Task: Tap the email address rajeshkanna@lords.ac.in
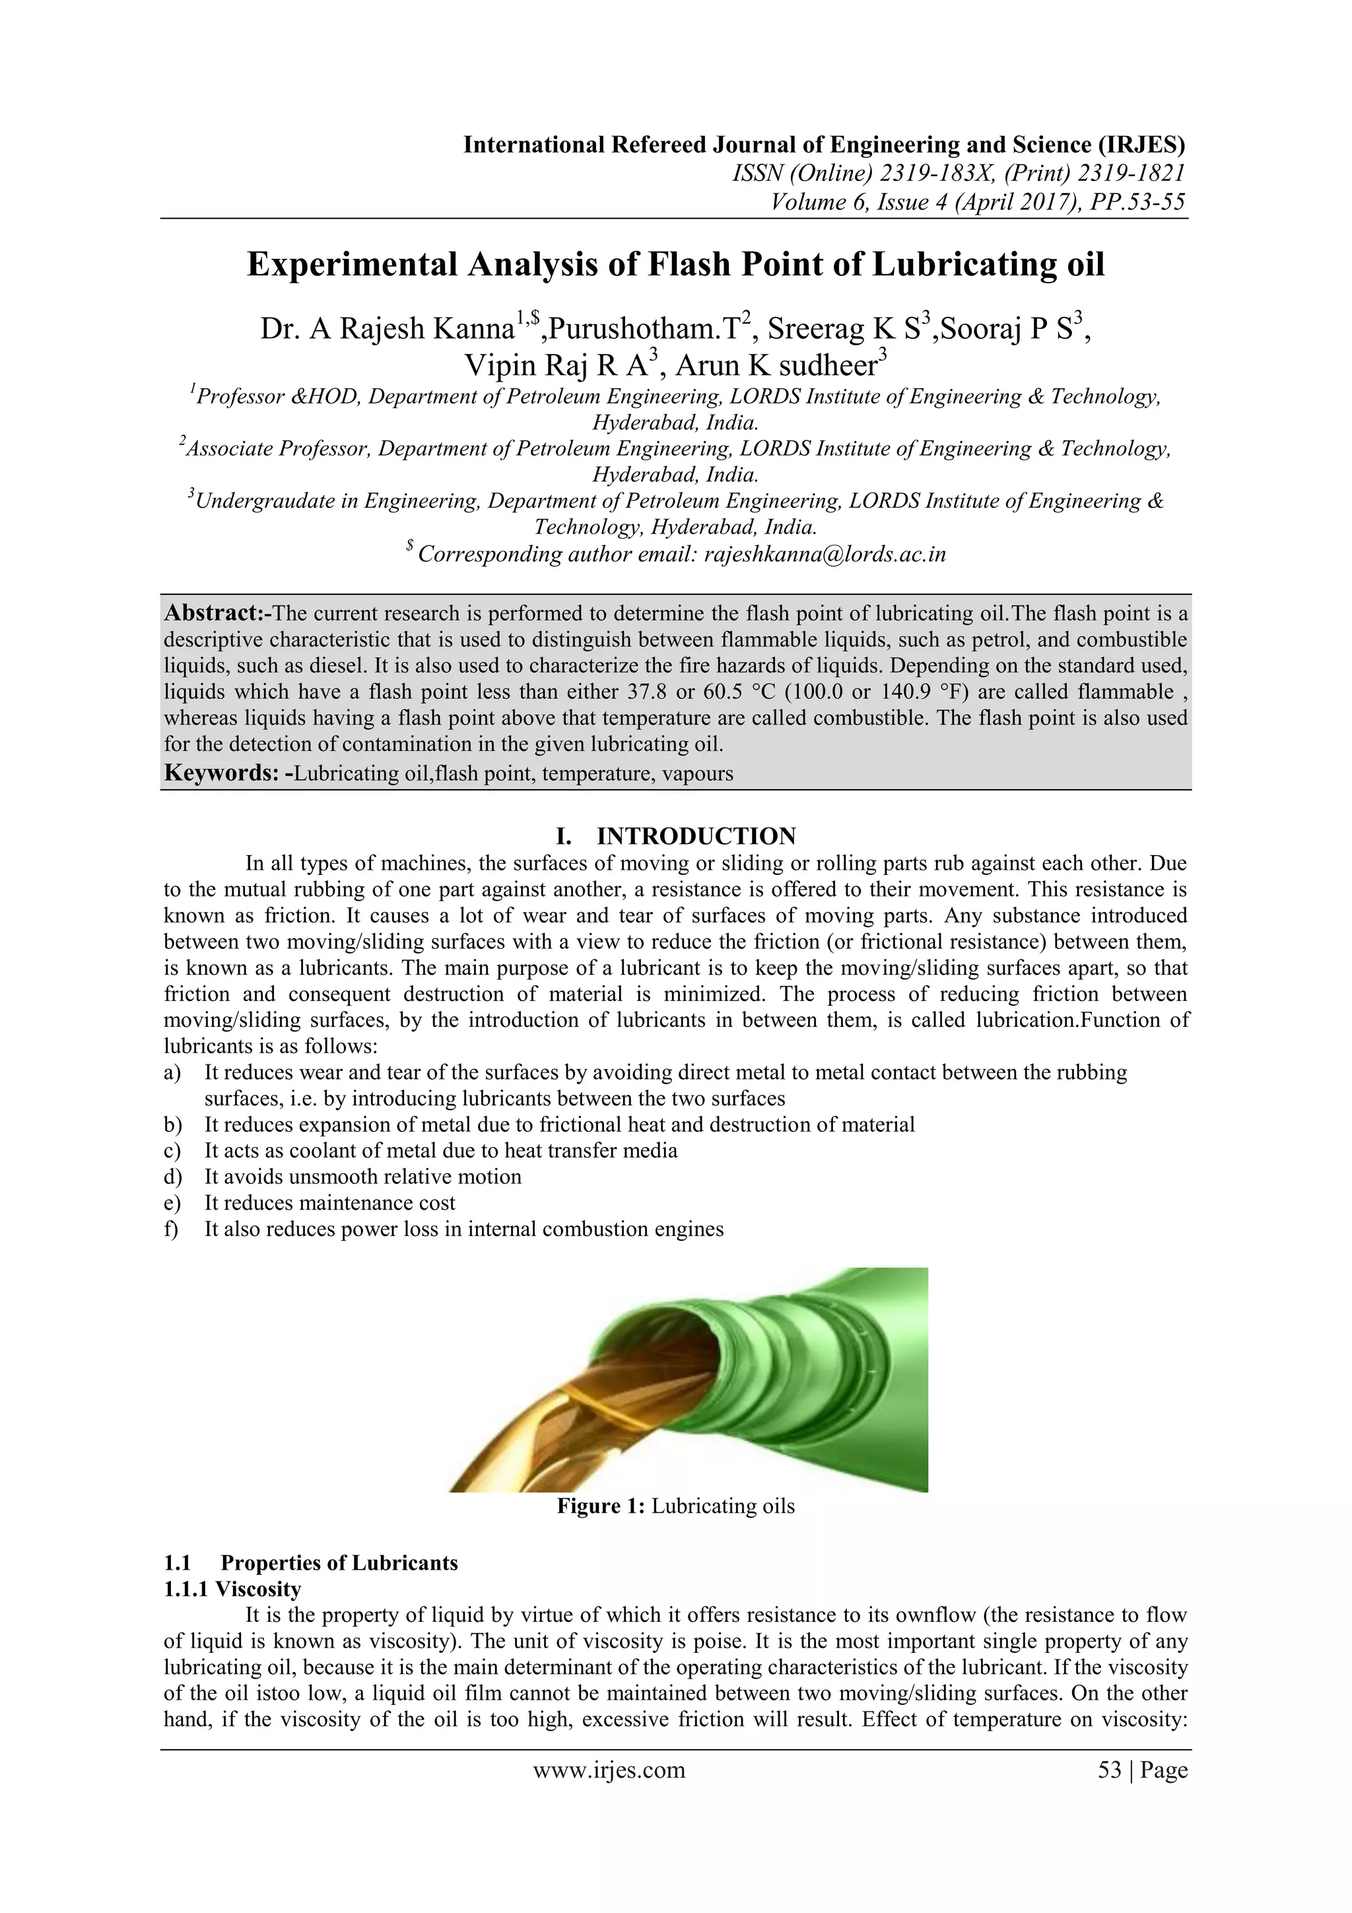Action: click(825, 554)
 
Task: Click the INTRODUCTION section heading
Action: click(696, 836)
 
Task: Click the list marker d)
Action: click(172, 1177)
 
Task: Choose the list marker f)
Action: click(172, 1229)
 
